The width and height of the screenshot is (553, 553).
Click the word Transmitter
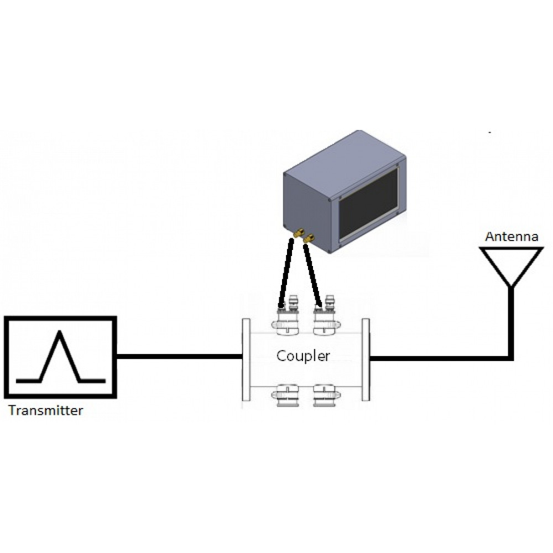pos(46,411)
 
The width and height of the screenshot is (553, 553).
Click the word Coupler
pos(303,356)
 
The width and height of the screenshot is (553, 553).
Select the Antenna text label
pos(512,237)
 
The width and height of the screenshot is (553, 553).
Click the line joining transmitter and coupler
pos(180,357)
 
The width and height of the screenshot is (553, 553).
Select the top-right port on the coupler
pos(325,319)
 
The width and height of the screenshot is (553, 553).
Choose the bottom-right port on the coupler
pos(325,397)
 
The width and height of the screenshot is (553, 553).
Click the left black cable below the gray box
pos(286,271)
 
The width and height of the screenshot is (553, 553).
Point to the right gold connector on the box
pos(307,238)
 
